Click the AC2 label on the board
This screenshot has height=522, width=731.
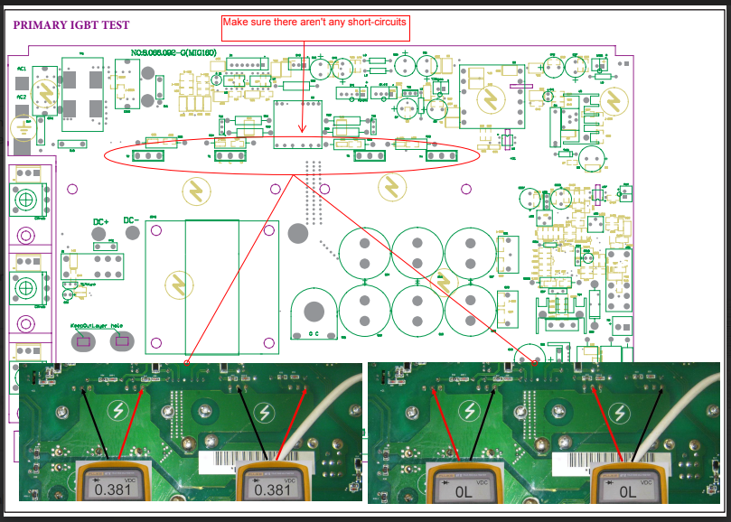click(21, 97)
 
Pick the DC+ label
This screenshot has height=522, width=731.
click(101, 221)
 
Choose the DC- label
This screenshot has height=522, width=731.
click(130, 220)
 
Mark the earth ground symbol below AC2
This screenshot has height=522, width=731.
click(22, 127)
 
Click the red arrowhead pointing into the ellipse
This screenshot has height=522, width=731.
click(302, 131)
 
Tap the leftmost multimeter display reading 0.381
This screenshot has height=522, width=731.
click(111, 489)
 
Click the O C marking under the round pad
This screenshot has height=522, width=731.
click(314, 333)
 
